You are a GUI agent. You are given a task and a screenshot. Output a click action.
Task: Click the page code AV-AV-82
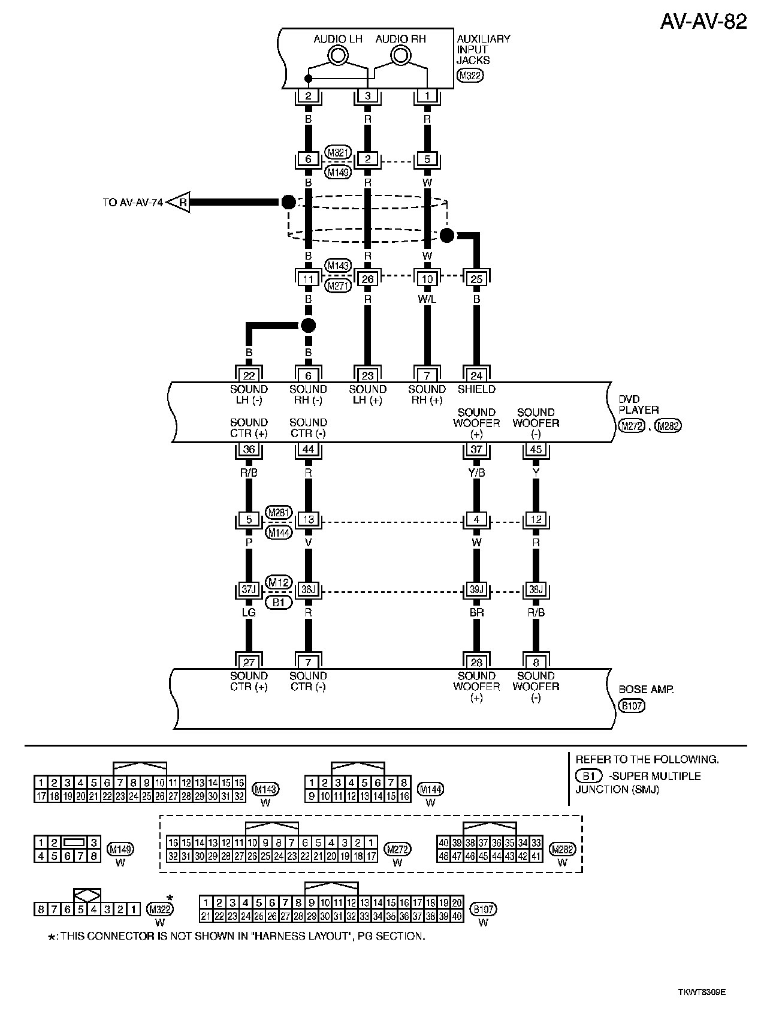703,22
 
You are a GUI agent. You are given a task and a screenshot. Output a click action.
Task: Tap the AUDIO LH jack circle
338,56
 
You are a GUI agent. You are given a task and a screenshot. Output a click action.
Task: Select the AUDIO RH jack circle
400,56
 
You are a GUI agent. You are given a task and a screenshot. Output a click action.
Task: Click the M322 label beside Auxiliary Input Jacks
470,76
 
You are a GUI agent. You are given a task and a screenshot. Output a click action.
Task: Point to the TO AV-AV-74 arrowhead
178,203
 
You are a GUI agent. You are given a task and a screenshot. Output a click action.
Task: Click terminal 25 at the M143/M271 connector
476,279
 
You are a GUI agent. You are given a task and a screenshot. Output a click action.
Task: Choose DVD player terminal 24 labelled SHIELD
476,375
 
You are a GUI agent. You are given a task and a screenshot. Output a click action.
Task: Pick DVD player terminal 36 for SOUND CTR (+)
249,449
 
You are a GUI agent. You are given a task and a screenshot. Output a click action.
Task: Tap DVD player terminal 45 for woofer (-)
536,449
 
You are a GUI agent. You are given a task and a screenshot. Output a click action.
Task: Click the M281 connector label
278,512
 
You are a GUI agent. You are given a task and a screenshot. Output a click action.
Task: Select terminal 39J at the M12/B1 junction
476,589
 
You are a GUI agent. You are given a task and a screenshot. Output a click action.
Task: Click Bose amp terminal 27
249,662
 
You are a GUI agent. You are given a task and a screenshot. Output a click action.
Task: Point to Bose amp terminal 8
536,662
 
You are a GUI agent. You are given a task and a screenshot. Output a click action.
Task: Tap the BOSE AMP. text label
646,690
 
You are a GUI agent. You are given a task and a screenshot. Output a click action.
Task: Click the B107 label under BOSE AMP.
632,706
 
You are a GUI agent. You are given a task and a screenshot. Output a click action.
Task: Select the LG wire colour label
249,612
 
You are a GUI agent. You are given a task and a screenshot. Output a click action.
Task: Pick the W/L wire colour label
427,298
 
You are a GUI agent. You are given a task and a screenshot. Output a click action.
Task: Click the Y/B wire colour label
476,472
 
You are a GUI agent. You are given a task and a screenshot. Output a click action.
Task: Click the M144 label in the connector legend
430,789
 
